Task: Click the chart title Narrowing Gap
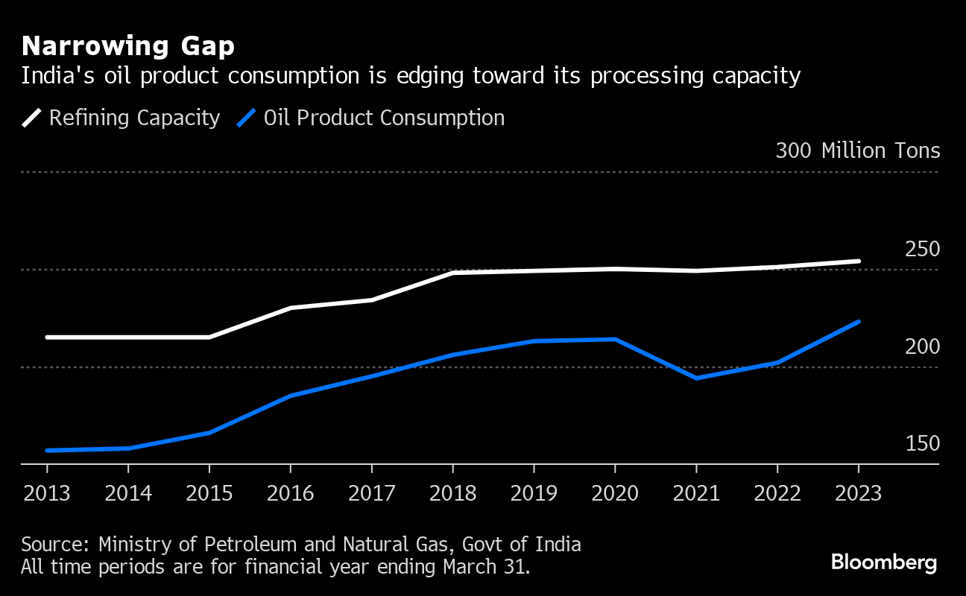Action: pos(128,47)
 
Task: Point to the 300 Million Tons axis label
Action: pos(857,150)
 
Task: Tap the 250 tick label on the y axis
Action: pos(922,250)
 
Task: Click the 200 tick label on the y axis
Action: pos(922,346)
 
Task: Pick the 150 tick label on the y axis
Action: pos(922,444)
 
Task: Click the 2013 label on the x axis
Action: pos(47,493)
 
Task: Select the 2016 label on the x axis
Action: pos(290,493)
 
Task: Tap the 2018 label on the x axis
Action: pos(452,493)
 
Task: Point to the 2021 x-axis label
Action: pos(696,493)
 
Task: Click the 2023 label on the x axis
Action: pos(859,493)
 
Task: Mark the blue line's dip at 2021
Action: pos(696,378)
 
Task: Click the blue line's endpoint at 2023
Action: pos(859,322)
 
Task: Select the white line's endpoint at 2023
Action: pos(859,261)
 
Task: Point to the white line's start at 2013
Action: pos(48,337)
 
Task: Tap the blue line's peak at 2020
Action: pos(615,339)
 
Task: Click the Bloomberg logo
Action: pos(884,562)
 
